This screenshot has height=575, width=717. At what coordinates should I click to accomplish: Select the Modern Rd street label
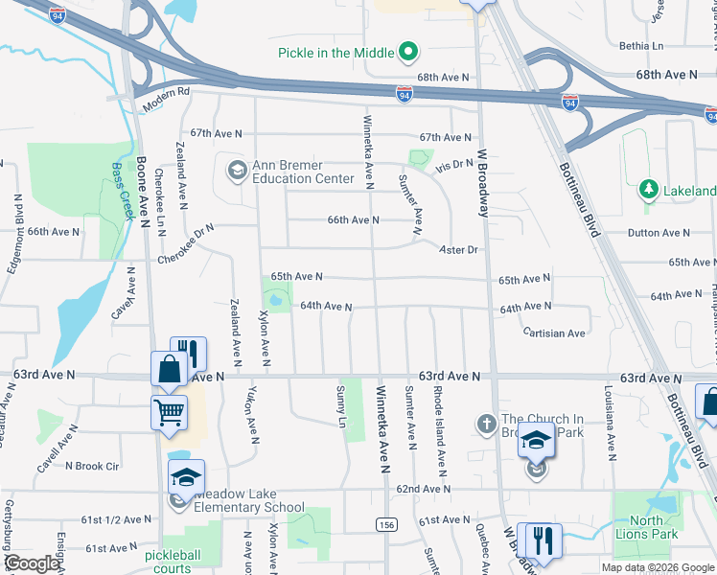169,94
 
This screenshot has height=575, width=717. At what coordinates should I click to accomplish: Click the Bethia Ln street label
641,46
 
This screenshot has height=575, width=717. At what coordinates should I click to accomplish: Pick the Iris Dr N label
454,166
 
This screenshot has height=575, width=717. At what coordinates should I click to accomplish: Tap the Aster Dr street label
457,249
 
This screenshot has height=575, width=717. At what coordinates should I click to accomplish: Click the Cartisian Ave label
554,333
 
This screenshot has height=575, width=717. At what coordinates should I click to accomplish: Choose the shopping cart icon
169,412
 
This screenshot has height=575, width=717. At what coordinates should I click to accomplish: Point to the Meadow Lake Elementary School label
249,500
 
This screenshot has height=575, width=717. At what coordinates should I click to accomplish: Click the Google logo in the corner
32,563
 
